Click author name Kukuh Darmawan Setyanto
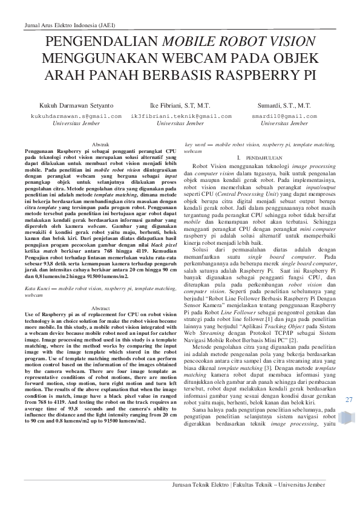(69, 105)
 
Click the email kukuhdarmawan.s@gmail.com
(69, 115)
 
